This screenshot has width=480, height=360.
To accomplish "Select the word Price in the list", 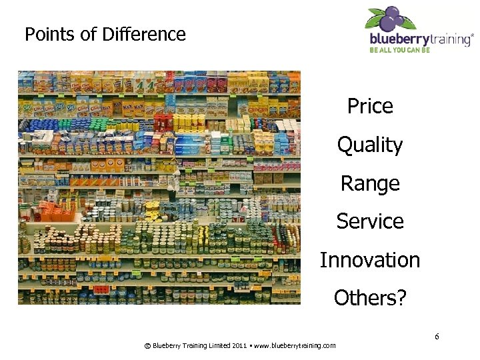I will [370, 106].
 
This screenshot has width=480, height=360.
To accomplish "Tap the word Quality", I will [370, 145].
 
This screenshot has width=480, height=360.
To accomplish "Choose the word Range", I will [370, 183].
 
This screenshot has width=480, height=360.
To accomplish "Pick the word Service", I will [370, 221].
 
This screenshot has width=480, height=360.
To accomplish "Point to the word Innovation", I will [370, 260].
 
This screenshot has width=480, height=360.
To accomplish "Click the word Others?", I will [370, 298].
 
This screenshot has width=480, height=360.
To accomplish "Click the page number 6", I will [437, 336].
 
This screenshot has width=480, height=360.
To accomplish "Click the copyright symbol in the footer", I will [147, 345].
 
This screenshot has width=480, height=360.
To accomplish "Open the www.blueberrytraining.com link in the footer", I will [295, 345].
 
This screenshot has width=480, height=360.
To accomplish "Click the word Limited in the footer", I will [214, 345].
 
